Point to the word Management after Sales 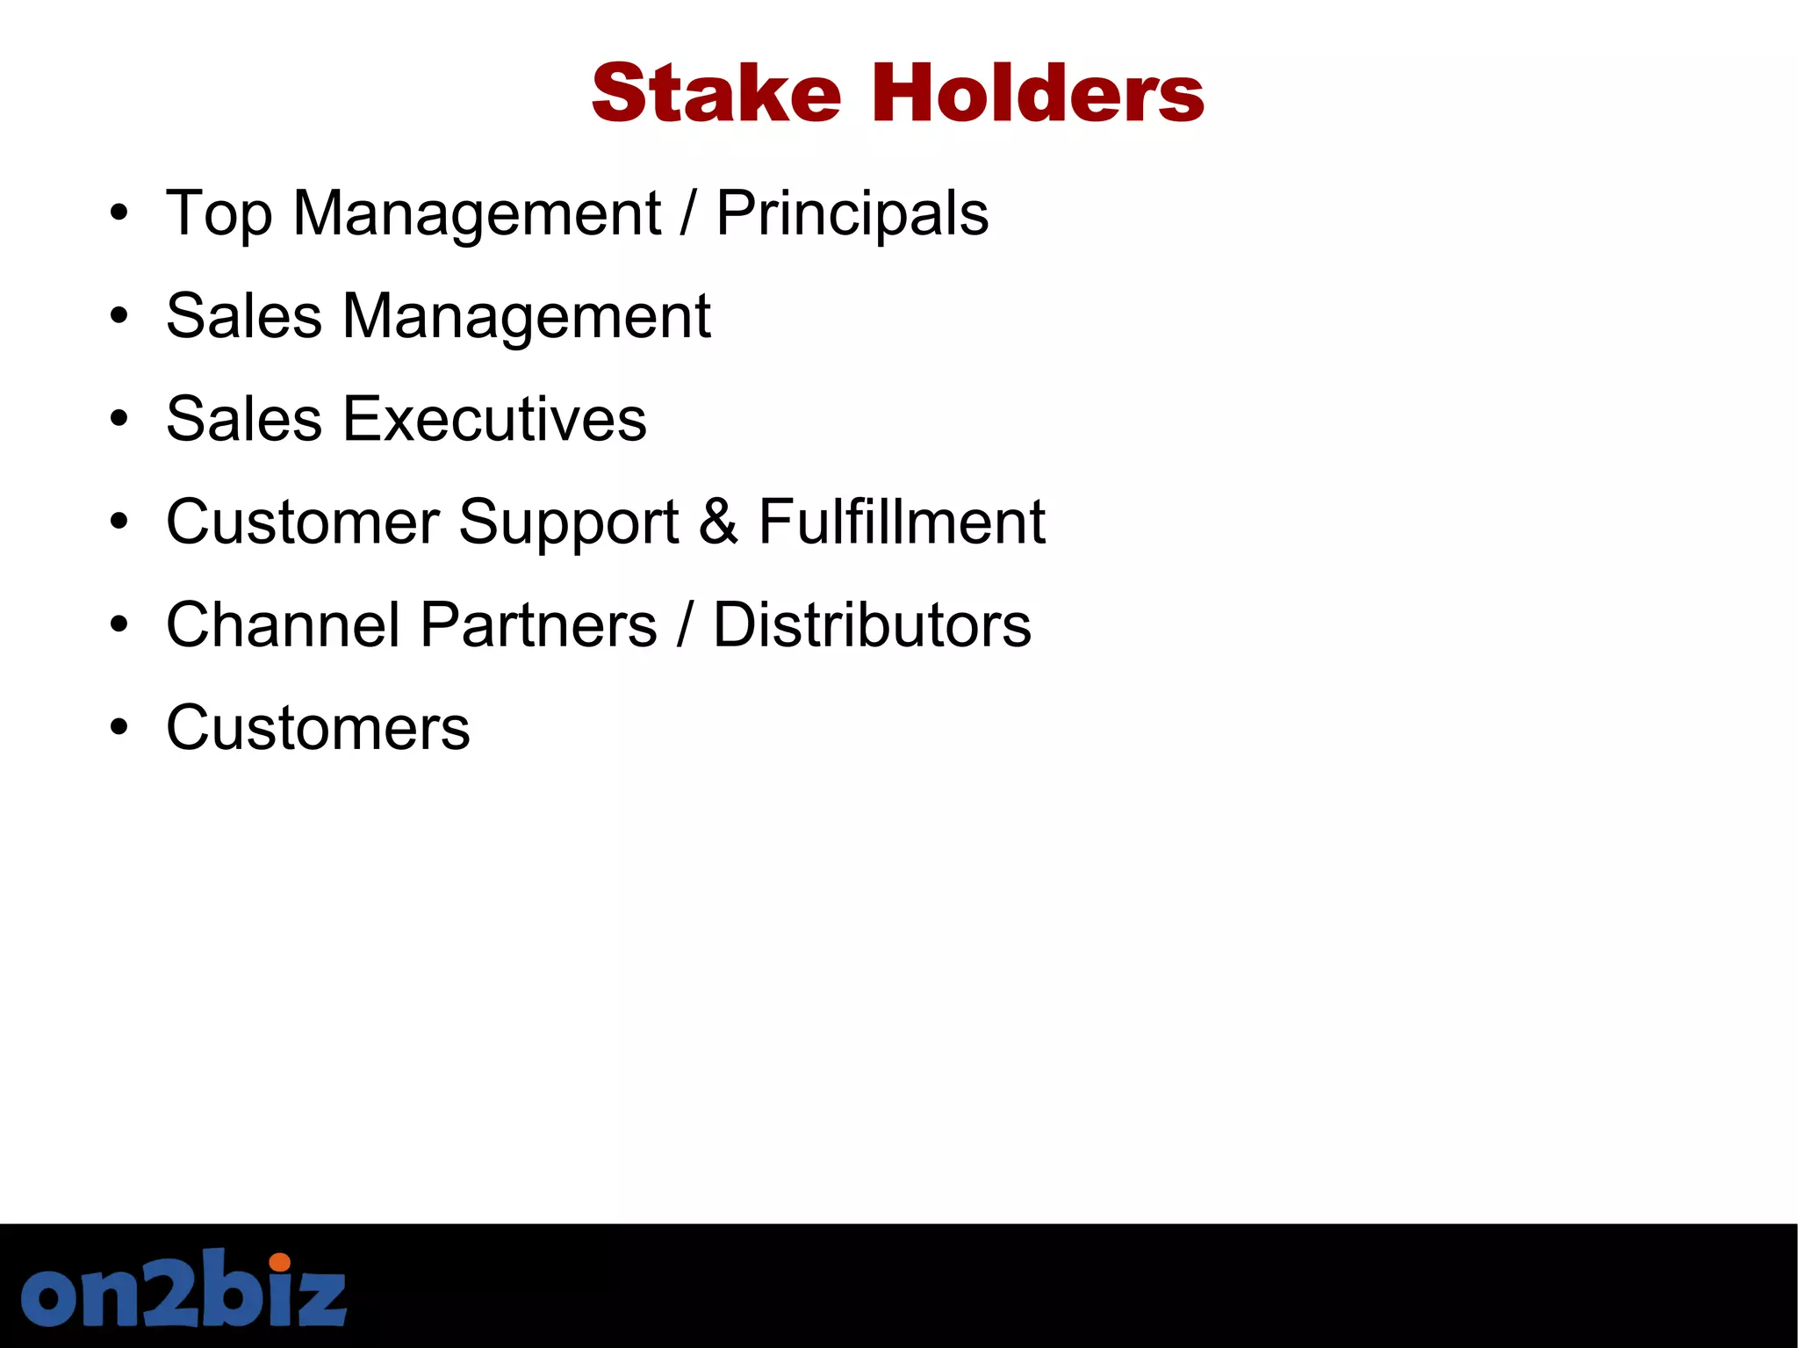pos(527,316)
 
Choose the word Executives pos(494,419)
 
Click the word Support pos(569,523)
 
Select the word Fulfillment pos(902,522)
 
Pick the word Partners pos(539,624)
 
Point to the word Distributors pos(872,624)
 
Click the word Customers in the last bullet pos(318,728)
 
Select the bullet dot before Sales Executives pos(119,420)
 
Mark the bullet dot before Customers pos(119,728)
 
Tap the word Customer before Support pos(303,522)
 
